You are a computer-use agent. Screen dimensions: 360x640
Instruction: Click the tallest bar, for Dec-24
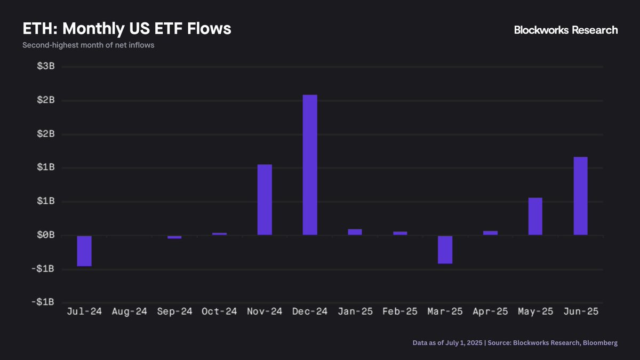coord(310,165)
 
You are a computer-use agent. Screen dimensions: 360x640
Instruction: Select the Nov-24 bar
coord(265,199)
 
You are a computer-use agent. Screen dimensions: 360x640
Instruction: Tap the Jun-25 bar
coord(580,196)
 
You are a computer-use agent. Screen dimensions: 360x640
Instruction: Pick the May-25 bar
coord(535,216)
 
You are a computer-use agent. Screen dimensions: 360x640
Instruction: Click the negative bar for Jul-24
coord(84,251)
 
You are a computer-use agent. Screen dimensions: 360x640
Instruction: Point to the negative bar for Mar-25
coord(445,250)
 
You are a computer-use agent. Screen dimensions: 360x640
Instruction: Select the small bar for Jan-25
coord(355,232)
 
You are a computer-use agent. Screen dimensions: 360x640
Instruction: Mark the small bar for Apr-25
coord(490,233)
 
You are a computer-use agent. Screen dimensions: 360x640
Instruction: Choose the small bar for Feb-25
coord(400,233)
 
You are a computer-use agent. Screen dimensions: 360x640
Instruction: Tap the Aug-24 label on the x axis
coord(129,311)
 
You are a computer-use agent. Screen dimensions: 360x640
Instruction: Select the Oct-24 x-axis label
coord(219,311)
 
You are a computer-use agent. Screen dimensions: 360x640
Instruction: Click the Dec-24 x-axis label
coord(310,311)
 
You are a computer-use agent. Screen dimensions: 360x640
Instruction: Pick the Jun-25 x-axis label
coord(580,311)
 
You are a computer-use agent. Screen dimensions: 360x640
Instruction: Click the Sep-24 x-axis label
coord(174,311)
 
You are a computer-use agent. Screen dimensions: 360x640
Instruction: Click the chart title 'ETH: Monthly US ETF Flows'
coord(126,29)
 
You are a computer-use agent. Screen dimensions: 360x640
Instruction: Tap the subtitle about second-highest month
coord(88,45)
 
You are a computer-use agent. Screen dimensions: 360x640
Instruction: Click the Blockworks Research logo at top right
coord(565,30)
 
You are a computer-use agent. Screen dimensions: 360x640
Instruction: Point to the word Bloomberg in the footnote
coord(600,343)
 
